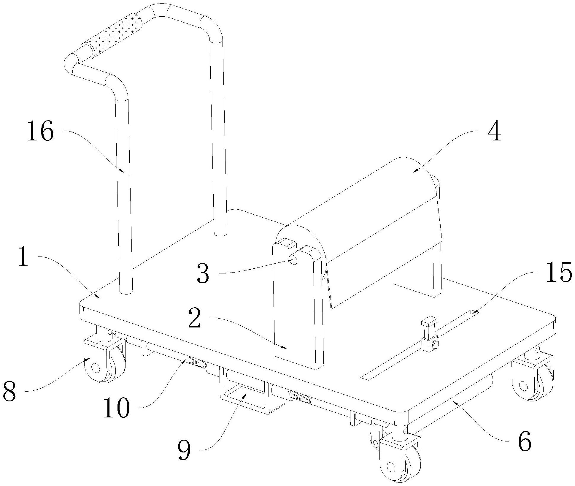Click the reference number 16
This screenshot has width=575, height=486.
point(41,132)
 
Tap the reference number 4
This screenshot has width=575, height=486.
point(494,132)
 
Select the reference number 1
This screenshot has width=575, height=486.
point(24,257)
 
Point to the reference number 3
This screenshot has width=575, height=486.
point(203,274)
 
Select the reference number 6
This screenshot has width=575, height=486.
point(524,442)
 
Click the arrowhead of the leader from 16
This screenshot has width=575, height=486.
point(123,172)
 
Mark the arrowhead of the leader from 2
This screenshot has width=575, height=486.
point(286,349)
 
